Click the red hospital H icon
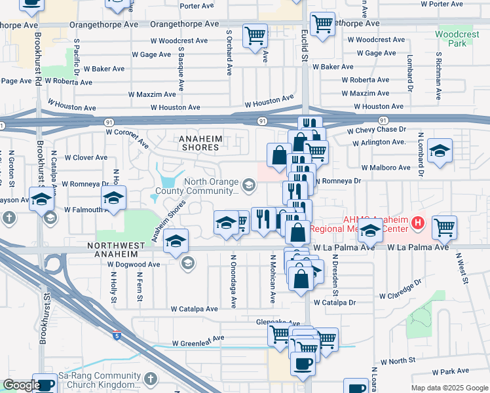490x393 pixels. coord(417,225)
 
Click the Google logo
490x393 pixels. coord(21,385)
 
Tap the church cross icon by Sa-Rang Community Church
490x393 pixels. coord(150,379)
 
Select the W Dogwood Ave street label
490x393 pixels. coord(134,265)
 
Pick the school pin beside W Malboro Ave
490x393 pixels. coord(440,150)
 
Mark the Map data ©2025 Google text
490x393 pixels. coord(449,388)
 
